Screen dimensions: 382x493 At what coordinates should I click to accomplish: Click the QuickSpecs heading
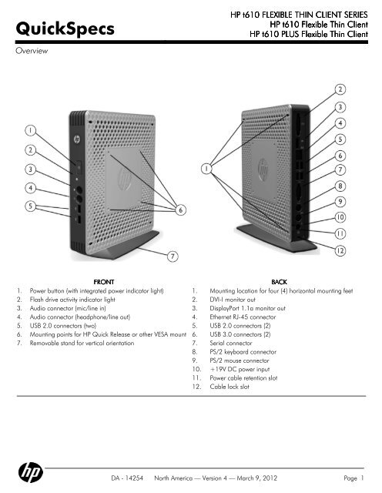65,29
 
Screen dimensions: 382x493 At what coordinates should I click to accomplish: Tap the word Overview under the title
32,51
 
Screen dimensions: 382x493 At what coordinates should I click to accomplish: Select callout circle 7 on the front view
173,257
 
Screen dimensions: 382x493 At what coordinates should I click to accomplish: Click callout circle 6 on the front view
180,210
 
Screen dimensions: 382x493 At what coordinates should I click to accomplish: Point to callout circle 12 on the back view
340,250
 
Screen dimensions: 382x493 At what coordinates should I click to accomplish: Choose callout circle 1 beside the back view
206,169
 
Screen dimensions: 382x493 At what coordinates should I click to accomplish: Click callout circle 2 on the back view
340,89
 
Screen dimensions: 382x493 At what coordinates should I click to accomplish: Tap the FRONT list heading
104,282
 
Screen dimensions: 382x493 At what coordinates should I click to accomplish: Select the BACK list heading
280,282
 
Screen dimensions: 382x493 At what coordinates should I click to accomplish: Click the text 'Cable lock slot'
230,387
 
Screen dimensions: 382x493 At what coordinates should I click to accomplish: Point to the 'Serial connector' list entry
231,343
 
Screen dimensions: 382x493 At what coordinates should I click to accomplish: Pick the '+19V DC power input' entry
240,369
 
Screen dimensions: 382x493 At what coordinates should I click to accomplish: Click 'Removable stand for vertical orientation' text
82,343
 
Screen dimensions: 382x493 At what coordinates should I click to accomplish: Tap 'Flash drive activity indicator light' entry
72,300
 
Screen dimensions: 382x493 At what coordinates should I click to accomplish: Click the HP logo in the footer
31,472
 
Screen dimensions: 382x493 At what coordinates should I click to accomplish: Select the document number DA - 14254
127,478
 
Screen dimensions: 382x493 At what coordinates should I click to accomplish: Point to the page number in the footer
354,478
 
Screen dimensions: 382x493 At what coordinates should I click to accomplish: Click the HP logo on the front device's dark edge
77,139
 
